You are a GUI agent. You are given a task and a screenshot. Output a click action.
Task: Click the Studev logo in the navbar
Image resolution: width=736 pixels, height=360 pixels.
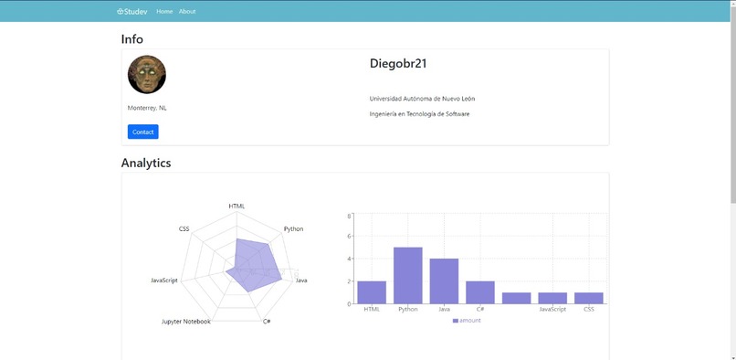click(133, 12)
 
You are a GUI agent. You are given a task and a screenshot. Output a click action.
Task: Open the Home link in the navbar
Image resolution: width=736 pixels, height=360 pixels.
click(164, 12)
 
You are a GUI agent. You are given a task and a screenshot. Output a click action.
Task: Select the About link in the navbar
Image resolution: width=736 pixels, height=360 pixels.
click(187, 12)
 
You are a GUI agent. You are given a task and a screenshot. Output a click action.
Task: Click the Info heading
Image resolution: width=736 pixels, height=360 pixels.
click(132, 39)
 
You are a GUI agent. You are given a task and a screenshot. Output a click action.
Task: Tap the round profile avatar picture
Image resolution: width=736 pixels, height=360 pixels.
click(147, 75)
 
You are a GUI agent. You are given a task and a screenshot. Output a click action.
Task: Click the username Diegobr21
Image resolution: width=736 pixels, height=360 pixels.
click(398, 64)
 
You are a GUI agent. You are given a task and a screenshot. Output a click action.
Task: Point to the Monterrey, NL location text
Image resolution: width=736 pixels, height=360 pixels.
click(147, 108)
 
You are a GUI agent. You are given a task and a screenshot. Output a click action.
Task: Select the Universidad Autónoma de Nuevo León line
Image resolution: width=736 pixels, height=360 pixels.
click(422, 99)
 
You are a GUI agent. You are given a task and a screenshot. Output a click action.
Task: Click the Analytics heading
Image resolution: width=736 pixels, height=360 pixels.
click(146, 164)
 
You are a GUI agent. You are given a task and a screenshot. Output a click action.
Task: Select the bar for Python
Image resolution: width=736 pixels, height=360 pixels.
click(408, 275)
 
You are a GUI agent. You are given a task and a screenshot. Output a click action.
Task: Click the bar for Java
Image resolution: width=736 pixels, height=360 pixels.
click(444, 281)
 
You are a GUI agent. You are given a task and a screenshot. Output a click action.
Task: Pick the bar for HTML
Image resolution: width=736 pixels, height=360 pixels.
click(372, 291)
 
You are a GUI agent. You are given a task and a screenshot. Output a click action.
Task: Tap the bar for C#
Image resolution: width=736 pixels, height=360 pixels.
click(480, 291)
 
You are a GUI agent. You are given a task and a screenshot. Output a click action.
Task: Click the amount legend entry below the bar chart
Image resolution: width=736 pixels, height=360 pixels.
click(467, 321)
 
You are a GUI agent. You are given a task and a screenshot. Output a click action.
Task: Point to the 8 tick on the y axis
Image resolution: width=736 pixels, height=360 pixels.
click(350, 216)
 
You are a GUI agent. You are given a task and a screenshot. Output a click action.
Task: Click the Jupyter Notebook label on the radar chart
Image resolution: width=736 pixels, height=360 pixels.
click(186, 322)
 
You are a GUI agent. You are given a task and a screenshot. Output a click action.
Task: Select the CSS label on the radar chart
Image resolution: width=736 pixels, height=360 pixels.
click(184, 228)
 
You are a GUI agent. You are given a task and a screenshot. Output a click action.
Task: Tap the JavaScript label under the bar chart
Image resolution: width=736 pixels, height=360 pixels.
click(552, 310)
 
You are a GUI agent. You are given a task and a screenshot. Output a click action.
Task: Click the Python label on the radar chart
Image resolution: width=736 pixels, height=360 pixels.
click(293, 228)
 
